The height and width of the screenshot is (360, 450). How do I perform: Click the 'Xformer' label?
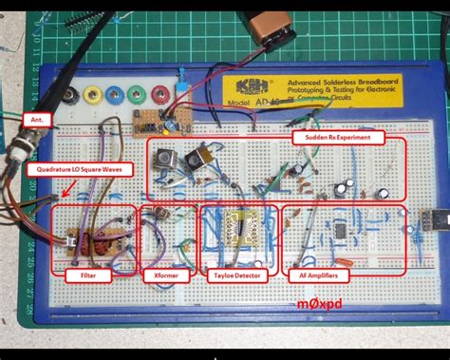coord(167,275)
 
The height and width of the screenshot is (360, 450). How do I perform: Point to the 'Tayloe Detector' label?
coord(239,275)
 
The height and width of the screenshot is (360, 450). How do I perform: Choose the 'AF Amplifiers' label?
coord(318,275)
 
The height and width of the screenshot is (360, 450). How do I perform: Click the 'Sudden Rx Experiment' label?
coord(338,137)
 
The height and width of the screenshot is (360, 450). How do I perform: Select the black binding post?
coord(71,95)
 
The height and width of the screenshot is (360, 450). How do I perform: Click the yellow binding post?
coord(94,95)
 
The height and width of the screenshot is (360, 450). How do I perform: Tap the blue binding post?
coord(115,95)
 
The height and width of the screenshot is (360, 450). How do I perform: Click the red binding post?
coord(158,95)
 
